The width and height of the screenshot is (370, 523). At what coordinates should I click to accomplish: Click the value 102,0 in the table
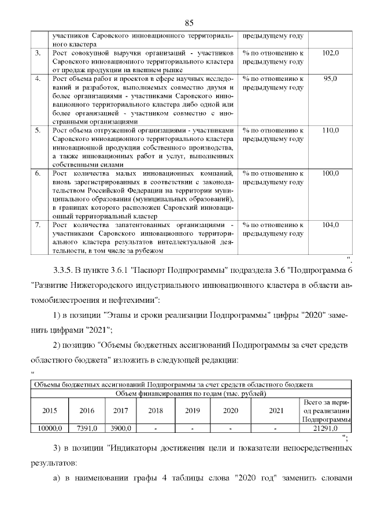[x=330, y=53]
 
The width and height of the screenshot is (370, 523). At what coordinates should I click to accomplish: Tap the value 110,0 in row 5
[x=330, y=131]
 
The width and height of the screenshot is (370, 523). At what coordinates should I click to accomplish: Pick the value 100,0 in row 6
[x=330, y=173]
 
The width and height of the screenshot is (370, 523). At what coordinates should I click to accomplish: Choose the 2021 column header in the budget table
[x=276, y=411]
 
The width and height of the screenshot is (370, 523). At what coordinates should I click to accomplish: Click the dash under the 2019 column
[x=192, y=428]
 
